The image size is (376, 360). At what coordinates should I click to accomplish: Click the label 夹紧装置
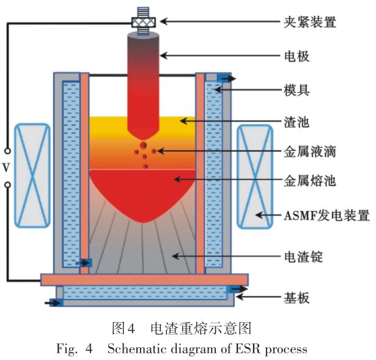[310, 23]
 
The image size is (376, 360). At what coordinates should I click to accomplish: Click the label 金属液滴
[310, 150]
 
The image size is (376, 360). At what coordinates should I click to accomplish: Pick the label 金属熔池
[310, 181]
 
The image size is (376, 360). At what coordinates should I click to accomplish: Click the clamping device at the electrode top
[143, 22]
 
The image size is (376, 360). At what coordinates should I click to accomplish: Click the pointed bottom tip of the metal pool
[143, 219]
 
